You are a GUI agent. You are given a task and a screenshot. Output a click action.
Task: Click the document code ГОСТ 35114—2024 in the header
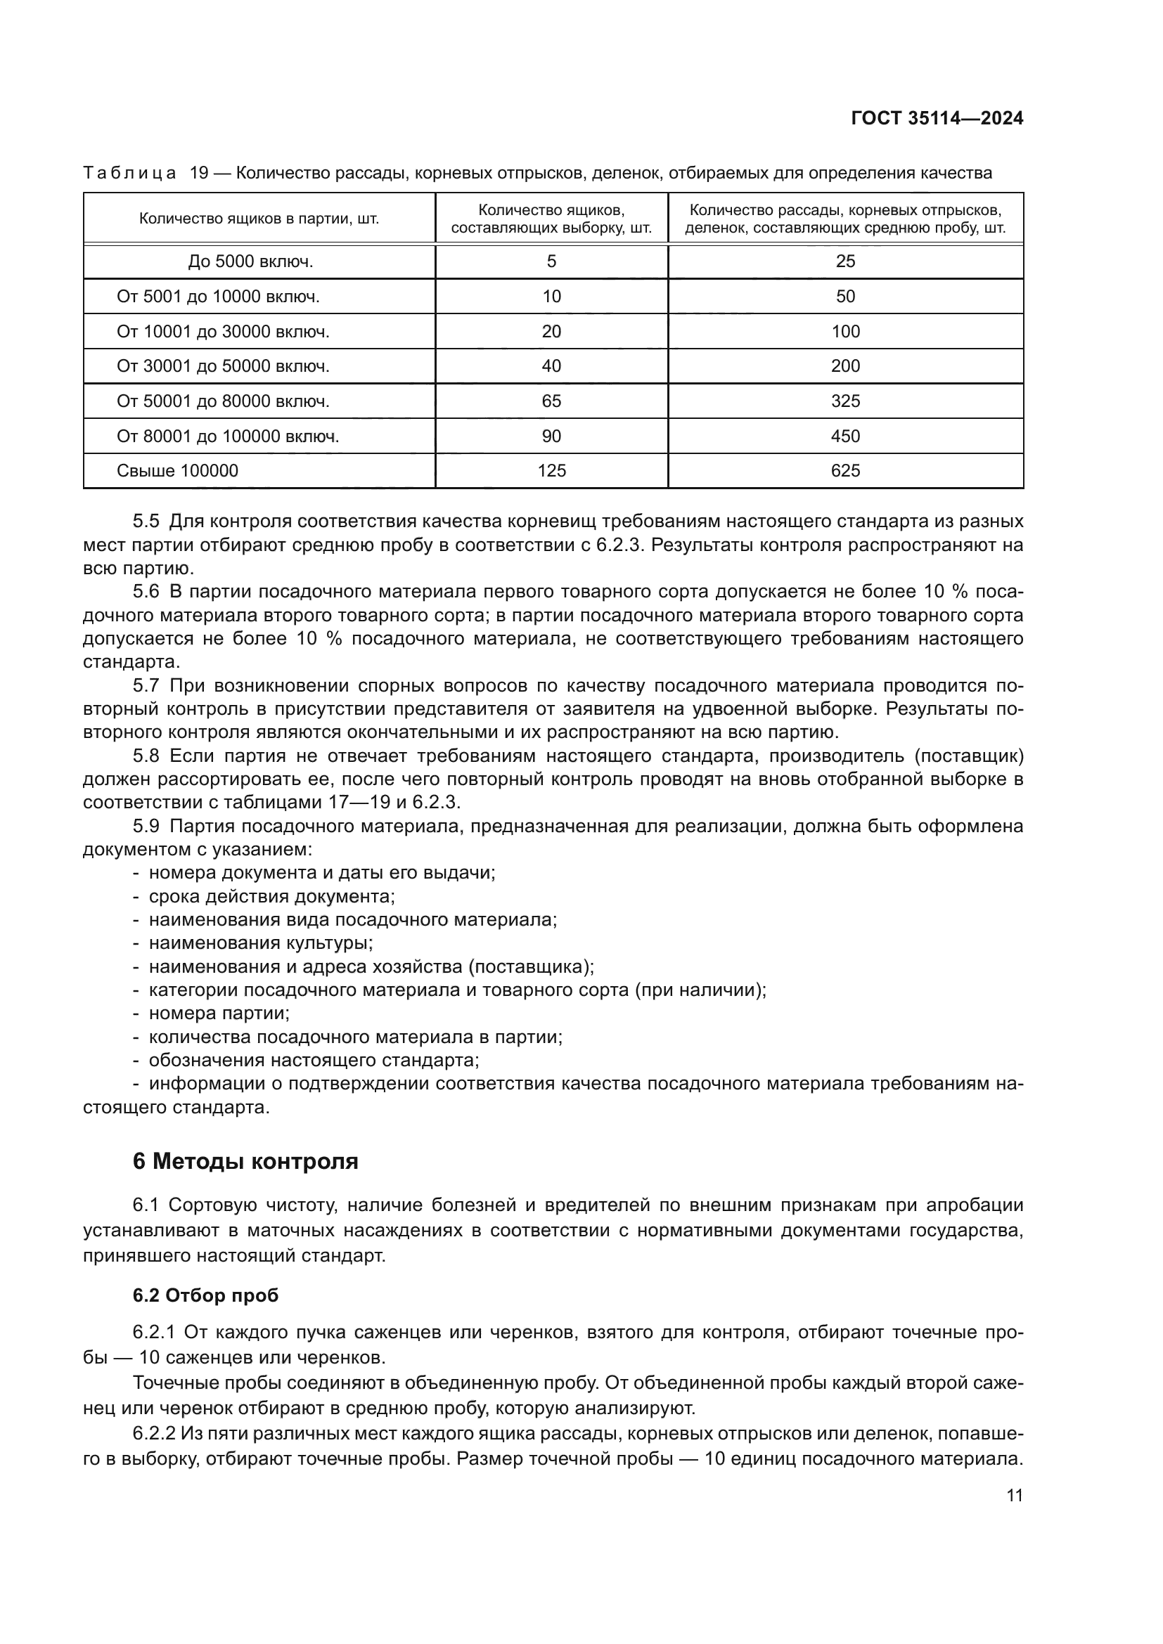click(x=937, y=119)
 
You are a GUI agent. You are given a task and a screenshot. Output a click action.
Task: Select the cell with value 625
click(x=845, y=470)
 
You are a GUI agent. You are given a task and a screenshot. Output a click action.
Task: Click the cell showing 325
click(x=845, y=401)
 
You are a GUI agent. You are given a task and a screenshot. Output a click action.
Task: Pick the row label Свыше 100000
click(x=178, y=470)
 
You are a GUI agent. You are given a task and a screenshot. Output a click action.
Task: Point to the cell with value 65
click(x=551, y=401)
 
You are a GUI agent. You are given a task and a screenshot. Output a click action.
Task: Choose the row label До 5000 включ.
click(x=250, y=261)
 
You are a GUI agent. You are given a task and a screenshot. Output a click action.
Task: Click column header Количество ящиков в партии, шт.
click(x=259, y=219)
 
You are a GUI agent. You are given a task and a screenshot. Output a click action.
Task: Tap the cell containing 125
click(x=551, y=470)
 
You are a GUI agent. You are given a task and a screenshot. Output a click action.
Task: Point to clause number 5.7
click(x=146, y=686)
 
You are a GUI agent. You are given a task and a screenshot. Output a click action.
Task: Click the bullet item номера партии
click(x=219, y=1014)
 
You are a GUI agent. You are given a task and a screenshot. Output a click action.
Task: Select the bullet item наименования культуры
click(x=261, y=943)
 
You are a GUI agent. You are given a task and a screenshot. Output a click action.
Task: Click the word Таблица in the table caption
click(x=129, y=174)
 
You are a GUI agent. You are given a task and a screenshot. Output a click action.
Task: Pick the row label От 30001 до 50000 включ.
click(x=223, y=366)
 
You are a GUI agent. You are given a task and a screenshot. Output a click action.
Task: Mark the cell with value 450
click(x=845, y=436)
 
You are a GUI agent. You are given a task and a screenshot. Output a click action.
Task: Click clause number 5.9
click(x=146, y=827)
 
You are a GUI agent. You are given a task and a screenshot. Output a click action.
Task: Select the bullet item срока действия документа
click(x=271, y=896)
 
